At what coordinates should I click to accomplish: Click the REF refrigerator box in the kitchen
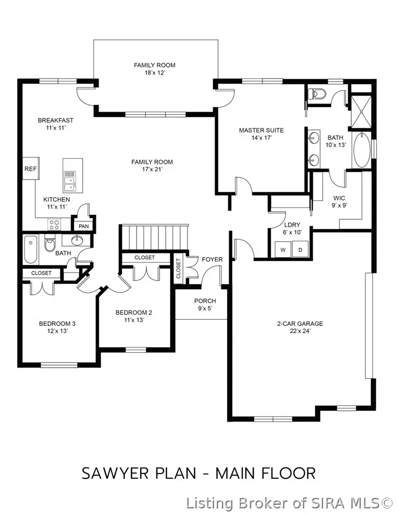click(30, 169)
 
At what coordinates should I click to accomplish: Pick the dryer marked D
click(301, 250)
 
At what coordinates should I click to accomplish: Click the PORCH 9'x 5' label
click(205, 305)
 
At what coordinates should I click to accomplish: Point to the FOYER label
click(212, 260)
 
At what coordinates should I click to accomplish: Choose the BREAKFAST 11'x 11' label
click(56, 124)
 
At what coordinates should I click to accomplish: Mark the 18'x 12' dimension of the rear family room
click(154, 73)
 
